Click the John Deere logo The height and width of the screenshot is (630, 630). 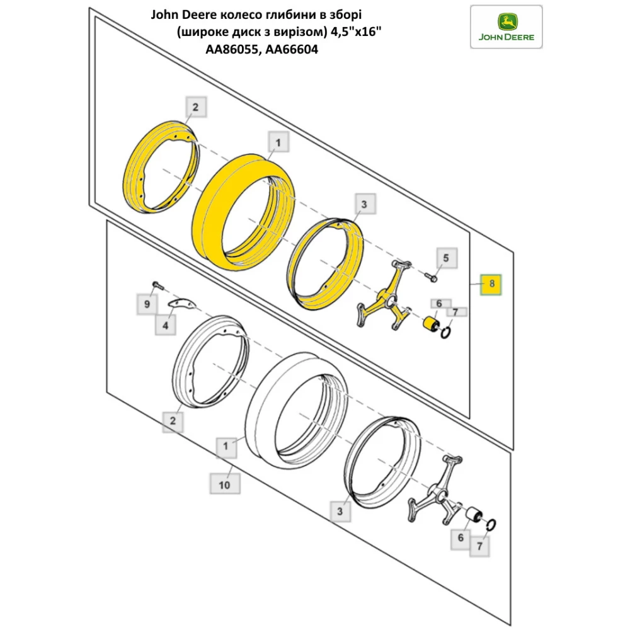(507, 26)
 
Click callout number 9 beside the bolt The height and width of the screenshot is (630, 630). (147, 304)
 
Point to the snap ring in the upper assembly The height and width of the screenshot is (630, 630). (447, 332)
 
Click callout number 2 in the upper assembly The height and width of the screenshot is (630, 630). (195, 108)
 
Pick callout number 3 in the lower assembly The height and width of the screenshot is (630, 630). (340, 512)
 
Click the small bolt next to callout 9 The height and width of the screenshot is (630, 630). (156, 285)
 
